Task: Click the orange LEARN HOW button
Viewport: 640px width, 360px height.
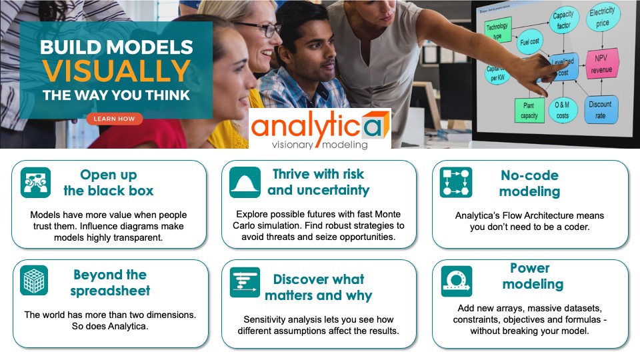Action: coord(114,119)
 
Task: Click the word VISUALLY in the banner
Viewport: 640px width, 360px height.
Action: coord(116,71)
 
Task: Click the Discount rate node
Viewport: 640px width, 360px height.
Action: coord(599,109)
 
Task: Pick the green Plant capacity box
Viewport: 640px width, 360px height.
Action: coord(529,111)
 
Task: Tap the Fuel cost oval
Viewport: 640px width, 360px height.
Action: coord(529,42)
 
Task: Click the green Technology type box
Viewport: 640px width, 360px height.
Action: coord(497,31)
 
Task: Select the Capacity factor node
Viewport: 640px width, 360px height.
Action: coord(564,21)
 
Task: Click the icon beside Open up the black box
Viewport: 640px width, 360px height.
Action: coord(35,183)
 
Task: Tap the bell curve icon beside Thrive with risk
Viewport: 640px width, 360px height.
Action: coord(245,182)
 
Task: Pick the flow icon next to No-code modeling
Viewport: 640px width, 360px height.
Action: coord(456,183)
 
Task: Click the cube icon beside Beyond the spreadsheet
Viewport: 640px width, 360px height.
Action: coord(35,281)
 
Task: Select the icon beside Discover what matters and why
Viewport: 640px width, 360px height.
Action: coord(245,282)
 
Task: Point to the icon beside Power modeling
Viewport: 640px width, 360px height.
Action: coord(457,281)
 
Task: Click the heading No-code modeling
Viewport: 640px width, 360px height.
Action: coord(529,183)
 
